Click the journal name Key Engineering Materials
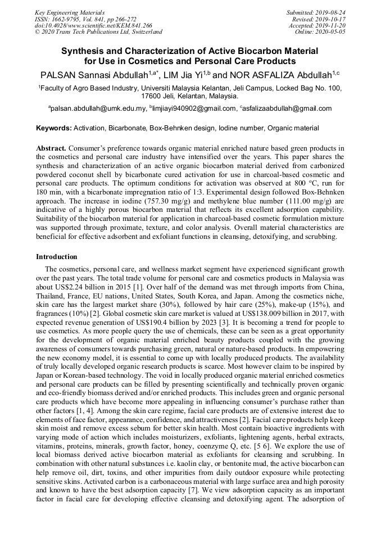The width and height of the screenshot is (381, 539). [69, 12]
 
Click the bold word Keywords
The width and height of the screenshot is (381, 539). [54, 128]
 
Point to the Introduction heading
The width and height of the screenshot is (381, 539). [56, 257]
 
